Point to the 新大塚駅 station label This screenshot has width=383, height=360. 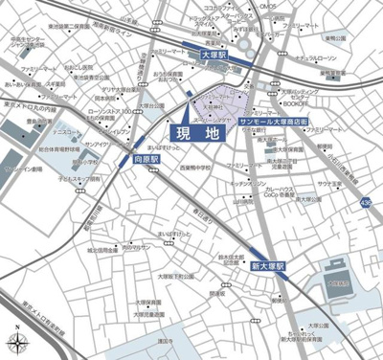[269, 264]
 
